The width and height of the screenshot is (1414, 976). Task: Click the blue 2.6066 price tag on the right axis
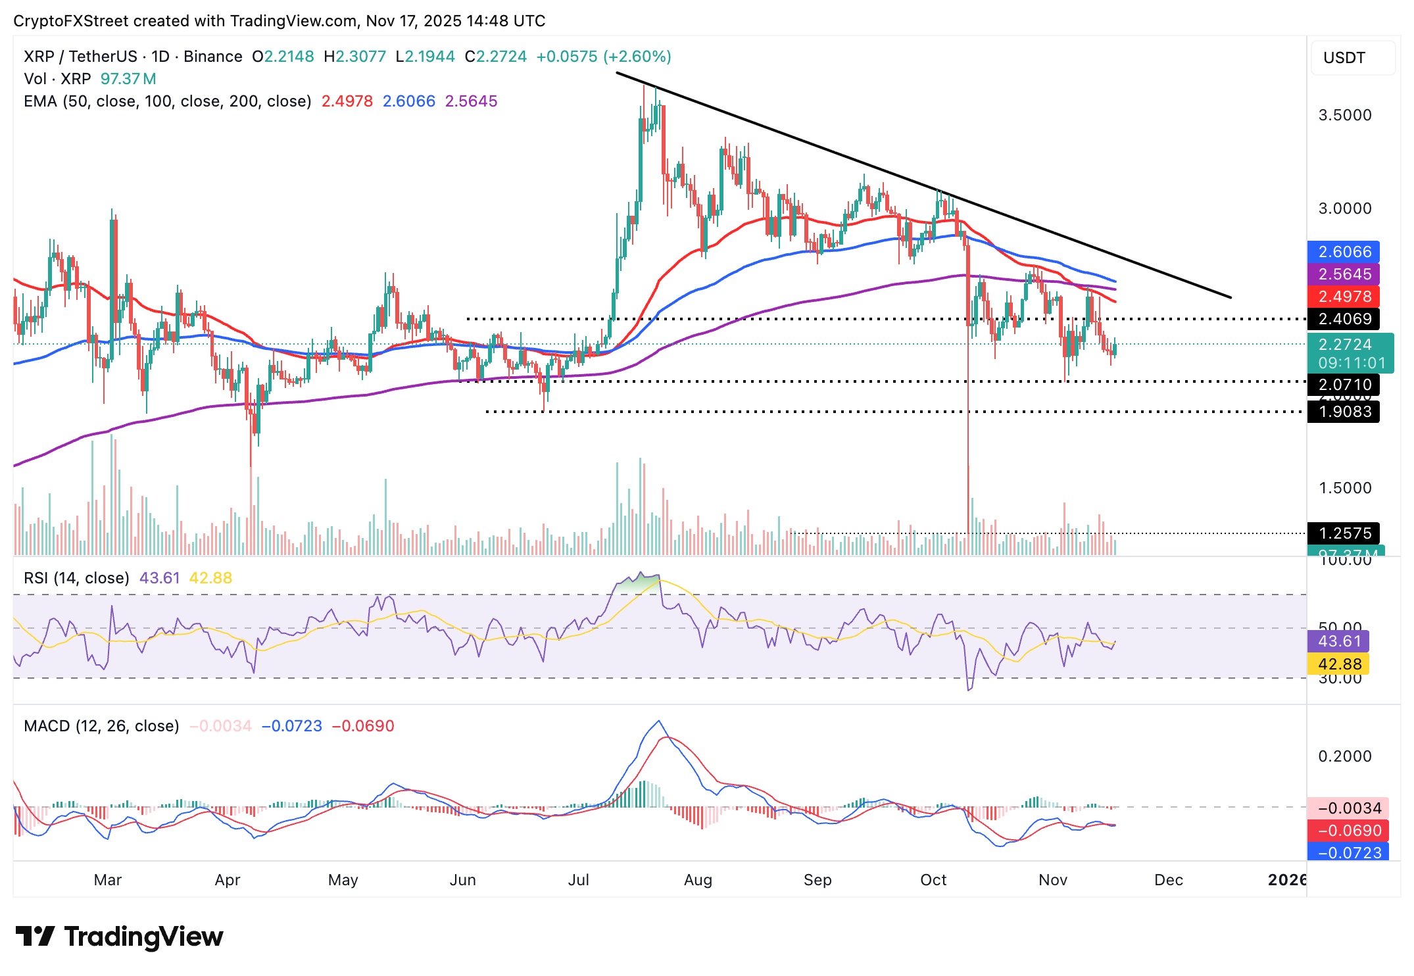(1344, 252)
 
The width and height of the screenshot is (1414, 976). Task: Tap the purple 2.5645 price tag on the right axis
(1344, 274)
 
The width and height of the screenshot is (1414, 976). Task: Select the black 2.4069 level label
(1344, 319)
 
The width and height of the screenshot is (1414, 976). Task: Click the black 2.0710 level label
(1344, 385)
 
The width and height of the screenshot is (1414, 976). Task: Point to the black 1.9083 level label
(1344, 412)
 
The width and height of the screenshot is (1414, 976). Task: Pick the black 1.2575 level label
(1344, 533)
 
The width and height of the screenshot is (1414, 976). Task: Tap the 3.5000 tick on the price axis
(1345, 115)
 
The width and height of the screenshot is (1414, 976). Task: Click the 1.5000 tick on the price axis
(1345, 488)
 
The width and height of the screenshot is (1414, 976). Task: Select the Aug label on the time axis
(698, 880)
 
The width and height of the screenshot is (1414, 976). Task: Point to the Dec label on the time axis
(1169, 880)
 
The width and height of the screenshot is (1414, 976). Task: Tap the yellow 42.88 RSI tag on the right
(1338, 664)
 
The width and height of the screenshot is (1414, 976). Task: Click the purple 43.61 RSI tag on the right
(1338, 641)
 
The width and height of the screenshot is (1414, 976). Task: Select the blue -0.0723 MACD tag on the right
(1349, 853)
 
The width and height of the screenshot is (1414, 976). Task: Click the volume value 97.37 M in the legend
(128, 79)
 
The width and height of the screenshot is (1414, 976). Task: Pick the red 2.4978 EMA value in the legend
(347, 101)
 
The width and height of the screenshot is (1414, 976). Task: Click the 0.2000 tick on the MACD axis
(1345, 756)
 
